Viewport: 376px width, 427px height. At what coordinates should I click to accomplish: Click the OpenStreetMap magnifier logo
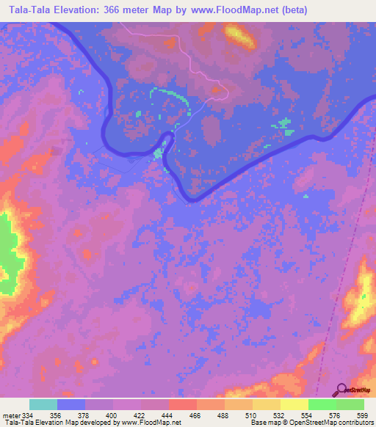point(342,390)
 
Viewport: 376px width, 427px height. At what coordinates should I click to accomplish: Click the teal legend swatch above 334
point(43,404)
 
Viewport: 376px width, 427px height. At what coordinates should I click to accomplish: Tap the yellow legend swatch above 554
point(294,404)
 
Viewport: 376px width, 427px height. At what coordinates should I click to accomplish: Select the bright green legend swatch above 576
point(322,404)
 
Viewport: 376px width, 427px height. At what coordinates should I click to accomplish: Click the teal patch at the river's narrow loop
point(159,153)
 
